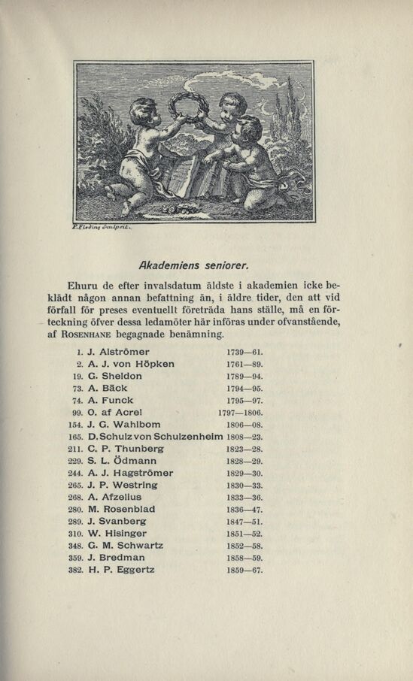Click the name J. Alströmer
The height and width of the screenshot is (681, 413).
coord(119,352)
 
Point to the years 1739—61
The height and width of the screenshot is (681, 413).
coord(244,352)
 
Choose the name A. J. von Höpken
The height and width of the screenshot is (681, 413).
coord(131,364)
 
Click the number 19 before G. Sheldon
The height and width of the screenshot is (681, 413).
coord(75,376)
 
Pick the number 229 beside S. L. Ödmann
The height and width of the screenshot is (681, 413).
coord(74,461)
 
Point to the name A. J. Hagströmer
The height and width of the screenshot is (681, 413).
coord(130,473)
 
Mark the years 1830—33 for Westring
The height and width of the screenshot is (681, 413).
coord(244,486)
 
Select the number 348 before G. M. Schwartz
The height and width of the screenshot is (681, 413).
coord(74,546)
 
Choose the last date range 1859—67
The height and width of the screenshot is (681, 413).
coord(244,570)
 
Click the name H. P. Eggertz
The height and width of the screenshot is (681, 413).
coord(121,570)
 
